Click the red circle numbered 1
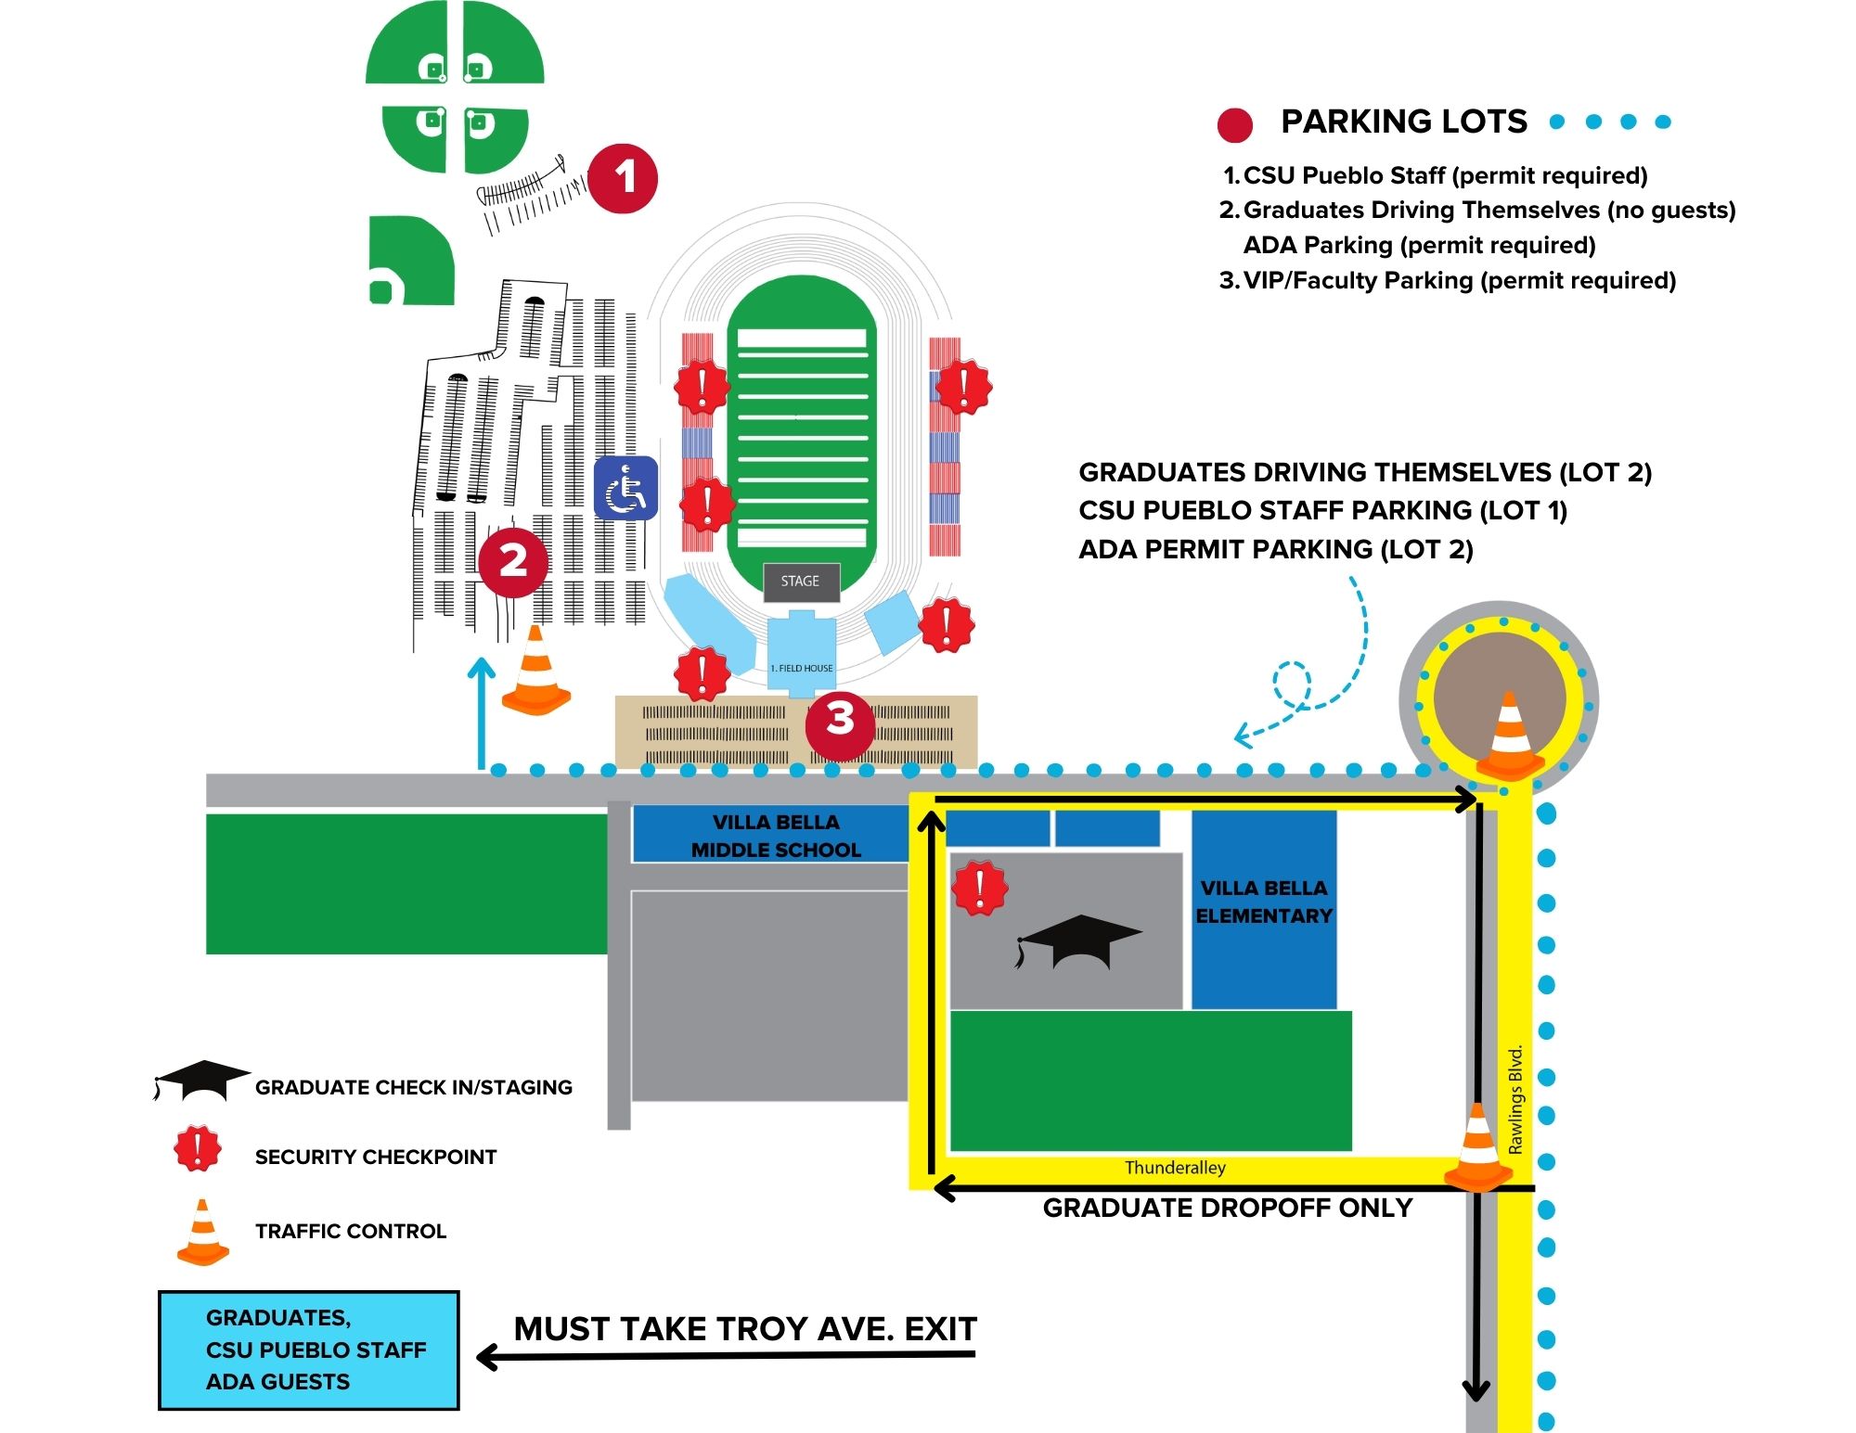(623, 178)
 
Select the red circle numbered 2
(513, 561)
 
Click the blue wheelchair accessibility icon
(625, 488)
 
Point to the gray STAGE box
(801, 582)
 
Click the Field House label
(802, 668)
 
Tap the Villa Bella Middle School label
(776, 836)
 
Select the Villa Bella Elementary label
(1264, 902)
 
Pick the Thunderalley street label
(1175, 1168)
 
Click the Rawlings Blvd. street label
(1515, 1100)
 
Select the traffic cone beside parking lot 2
(536, 672)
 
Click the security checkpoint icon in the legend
(198, 1148)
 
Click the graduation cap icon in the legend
(201, 1080)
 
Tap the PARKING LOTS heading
(1403, 122)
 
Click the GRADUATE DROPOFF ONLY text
(1228, 1208)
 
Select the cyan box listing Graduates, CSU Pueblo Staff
(309, 1350)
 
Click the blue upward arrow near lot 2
(481, 712)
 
